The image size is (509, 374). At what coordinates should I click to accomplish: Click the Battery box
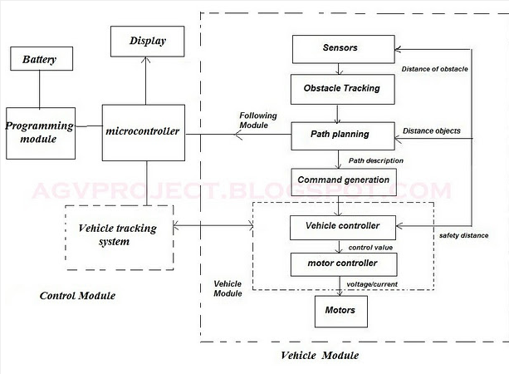41,60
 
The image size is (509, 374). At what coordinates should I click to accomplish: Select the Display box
148,40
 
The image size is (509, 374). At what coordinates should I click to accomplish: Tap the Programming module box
40,132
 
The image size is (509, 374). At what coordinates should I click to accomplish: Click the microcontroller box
143,132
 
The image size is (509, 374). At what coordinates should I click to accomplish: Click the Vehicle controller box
343,225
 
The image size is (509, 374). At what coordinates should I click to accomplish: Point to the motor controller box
343,265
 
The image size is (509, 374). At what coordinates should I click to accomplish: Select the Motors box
340,311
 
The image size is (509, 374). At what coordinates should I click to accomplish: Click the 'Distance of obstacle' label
435,69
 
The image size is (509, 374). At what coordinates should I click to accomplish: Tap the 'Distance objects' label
432,131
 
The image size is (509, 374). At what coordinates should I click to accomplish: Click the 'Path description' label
376,160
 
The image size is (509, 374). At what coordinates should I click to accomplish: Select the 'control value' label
370,247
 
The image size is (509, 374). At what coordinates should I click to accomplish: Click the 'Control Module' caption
77,296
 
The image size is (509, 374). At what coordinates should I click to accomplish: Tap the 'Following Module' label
258,121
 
